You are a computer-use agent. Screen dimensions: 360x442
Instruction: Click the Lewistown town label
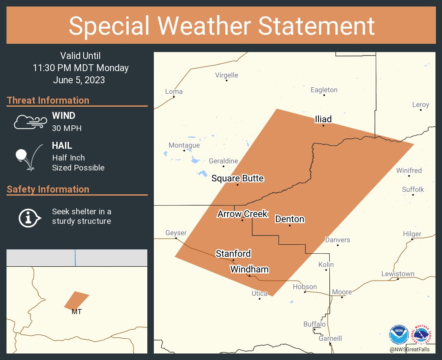tap(397, 274)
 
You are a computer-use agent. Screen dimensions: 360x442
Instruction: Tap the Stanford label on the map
tap(233, 254)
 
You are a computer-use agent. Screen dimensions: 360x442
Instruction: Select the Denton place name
tap(289, 219)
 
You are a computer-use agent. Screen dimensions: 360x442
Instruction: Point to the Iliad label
tap(323, 119)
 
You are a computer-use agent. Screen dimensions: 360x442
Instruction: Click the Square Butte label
tap(237, 178)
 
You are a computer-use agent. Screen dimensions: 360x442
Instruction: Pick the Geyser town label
tap(176, 233)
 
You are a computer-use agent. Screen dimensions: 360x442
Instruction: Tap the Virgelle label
tap(227, 75)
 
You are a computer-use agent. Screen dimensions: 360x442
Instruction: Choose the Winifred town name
tap(409, 170)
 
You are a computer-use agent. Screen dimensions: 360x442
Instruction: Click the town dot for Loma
tap(174, 97)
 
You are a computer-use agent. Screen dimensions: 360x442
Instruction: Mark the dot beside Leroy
tap(421, 110)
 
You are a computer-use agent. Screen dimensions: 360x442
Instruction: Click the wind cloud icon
tap(29, 122)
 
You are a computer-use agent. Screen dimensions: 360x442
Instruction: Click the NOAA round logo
tap(399, 335)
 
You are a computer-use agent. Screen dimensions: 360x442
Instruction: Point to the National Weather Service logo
tap(423, 335)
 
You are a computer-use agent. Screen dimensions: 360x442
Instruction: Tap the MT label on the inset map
tap(77, 311)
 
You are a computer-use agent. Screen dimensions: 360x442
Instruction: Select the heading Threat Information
tap(48, 100)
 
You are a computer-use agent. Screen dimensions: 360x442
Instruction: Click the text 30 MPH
tap(67, 128)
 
